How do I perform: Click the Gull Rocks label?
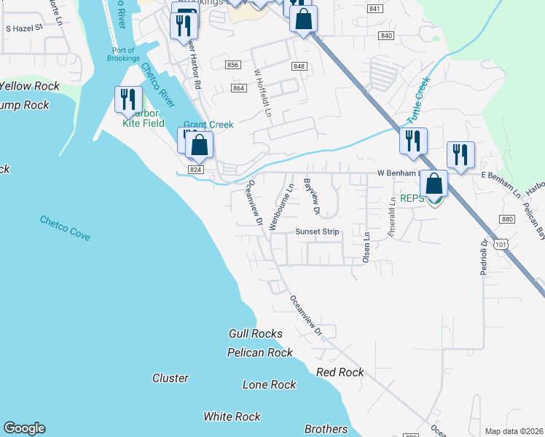[255, 334]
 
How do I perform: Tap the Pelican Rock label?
[260, 353]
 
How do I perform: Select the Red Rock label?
[340, 372]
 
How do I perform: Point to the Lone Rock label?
[270, 385]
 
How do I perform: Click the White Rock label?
[232, 417]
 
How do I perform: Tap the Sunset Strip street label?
[317, 232]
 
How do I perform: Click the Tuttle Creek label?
[418, 101]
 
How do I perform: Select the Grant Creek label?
[208, 125]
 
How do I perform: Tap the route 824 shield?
[195, 169]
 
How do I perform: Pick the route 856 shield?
[233, 65]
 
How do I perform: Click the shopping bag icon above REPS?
[434, 184]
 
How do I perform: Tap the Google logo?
[24, 428]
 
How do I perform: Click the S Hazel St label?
[24, 28]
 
